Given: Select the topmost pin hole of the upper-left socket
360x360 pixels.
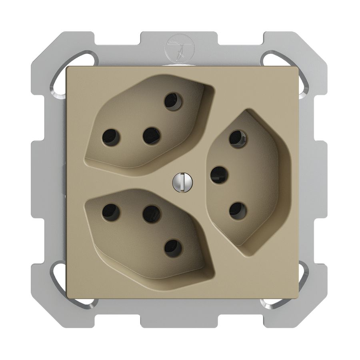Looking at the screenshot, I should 173,101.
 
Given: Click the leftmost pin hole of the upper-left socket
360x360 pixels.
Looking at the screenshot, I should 111,137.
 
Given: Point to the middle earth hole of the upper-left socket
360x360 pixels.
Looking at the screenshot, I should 152,136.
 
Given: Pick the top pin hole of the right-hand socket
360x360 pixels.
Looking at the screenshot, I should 238,139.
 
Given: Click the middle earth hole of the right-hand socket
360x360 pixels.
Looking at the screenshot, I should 219,175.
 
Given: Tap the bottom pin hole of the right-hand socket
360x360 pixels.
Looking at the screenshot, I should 238,210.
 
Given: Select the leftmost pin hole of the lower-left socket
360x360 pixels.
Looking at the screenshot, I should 111,212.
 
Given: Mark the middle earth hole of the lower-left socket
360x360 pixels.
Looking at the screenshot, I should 152,214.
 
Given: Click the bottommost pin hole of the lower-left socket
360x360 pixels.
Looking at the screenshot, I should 173,248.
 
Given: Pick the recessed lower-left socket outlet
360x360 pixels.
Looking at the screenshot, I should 148,232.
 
